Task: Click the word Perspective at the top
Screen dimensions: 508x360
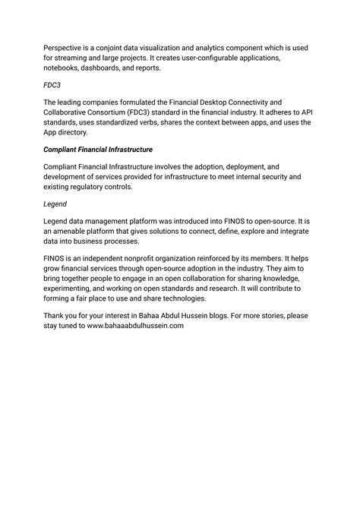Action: coord(65,47)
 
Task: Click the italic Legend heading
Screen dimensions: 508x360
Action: coord(55,204)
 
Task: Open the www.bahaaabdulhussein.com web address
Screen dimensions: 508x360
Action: coord(136,327)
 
